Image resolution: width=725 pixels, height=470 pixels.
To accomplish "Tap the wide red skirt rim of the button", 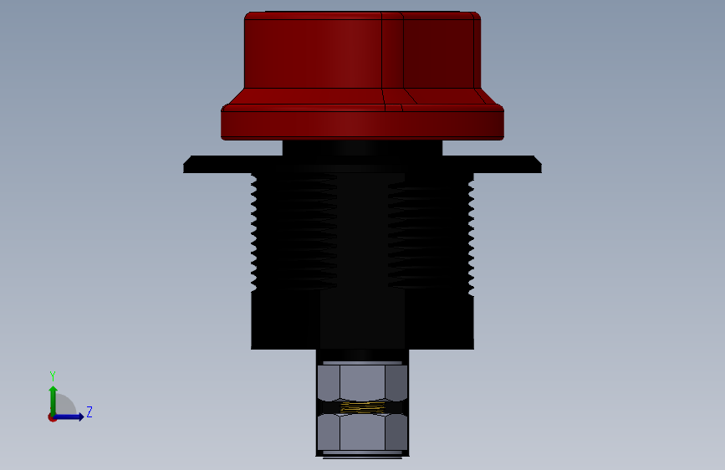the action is click(x=363, y=122).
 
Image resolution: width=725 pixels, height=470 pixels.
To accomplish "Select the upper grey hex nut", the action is click(x=363, y=382).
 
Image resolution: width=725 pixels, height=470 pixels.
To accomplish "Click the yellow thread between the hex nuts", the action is click(x=363, y=407).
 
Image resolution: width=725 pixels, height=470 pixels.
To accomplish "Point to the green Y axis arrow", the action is click(x=53, y=401).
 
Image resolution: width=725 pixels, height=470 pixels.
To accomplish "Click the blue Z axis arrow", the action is click(x=68, y=416).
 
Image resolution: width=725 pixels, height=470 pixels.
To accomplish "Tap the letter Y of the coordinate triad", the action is click(x=53, y=375).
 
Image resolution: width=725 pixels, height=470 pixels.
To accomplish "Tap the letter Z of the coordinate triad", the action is click(x=89, y=411).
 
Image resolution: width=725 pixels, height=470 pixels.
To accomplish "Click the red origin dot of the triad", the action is click(x=52, y=417).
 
